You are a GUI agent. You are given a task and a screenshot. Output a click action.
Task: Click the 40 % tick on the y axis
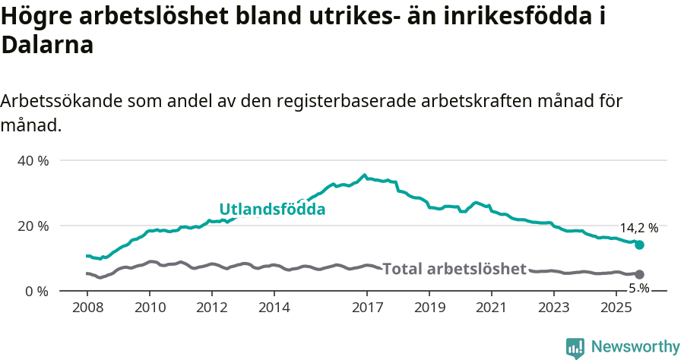[x=33, y=160]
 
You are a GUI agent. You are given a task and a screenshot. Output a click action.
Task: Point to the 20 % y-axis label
[x=33, y=226]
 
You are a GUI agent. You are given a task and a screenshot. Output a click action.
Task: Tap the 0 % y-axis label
[x=36, y=291]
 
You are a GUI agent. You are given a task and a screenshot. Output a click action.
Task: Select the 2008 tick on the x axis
[x=87, y=308]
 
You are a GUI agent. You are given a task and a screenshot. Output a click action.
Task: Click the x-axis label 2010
[x=149, y=308]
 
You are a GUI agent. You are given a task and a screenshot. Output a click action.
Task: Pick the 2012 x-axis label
[x=211, y=308]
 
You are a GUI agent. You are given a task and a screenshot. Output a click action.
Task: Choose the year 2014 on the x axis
[x=274, y=308]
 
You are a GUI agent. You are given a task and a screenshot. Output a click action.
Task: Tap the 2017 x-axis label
[x=367, y=308]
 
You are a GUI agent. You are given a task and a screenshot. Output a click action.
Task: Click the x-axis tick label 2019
[x=429, y=308]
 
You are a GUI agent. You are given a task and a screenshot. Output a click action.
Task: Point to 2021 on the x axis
[x=492, y=308]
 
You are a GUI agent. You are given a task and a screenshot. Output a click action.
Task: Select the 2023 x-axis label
[x=554, y=308]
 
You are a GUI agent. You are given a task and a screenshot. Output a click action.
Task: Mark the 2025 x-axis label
[x=616, y=308]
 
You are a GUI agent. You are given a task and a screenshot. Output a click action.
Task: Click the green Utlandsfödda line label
[x=272, y=209]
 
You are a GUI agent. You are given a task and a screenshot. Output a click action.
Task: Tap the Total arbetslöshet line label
[x=454, y=269]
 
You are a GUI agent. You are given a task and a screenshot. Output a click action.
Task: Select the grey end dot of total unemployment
[x=640, y=274]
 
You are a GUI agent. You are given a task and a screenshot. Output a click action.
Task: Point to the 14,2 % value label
[x=639, y=227]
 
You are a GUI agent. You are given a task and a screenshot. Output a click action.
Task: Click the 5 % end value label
[x=639, y=289]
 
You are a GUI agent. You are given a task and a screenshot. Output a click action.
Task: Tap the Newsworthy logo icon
[x=575, y=347]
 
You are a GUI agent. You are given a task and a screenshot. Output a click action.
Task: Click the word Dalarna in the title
[x=47, y=45]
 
